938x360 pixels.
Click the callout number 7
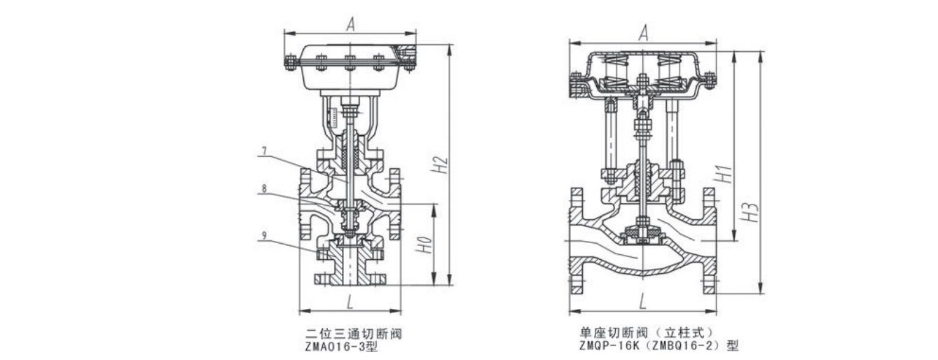click(264, 151)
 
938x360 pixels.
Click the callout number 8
click(264, 189)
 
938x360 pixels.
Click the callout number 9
click(264, 235)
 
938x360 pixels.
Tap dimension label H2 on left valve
click(440, 165)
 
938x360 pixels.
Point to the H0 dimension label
click(424, 245)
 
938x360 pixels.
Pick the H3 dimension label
click(752, 212)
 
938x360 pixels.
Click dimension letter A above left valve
click(350, 25)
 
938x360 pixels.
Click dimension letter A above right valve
click(644, 33)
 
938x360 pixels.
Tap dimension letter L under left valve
click(350, 303)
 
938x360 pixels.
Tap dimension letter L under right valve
click(643, 303)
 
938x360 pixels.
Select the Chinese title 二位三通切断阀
click(354, 334)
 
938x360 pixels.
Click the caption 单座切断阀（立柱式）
click(647, 333)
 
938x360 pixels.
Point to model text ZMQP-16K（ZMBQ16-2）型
click(659, 346)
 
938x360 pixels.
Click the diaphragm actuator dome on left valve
click(350, 67)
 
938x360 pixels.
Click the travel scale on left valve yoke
click(334, 116)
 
